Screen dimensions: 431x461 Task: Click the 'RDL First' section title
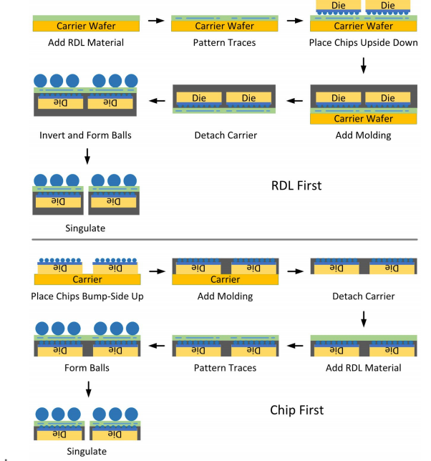point(296,185)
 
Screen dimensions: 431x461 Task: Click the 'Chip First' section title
point(296,410)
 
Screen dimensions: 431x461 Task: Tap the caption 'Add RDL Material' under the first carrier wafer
point(86,43)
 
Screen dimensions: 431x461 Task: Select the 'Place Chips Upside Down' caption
point(364,43)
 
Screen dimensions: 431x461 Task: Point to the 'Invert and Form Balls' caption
point(85,135)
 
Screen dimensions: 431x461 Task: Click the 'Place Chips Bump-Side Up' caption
point(87,296)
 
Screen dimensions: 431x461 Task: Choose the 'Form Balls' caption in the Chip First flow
point(87,368)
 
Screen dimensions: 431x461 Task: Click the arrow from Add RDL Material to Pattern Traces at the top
point(156,21)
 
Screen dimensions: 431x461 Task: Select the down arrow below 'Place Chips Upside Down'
point(364,65)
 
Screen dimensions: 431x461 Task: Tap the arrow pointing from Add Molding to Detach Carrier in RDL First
point(294,101)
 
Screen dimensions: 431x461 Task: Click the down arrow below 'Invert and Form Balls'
point(87,156)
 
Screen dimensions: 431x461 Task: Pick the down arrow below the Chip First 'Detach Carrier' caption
point(364,319)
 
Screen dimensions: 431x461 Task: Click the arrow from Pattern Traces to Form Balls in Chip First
point(157,346)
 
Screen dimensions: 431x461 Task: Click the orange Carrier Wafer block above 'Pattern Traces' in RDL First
point(225,26)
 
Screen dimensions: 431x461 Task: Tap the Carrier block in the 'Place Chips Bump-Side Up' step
point(87,279)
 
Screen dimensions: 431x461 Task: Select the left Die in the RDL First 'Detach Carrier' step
point(199,98)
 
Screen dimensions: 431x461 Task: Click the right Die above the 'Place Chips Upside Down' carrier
point(388,5)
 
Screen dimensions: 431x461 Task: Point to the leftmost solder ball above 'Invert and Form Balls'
point(40,81)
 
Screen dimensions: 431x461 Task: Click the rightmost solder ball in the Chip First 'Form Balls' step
point(132,329)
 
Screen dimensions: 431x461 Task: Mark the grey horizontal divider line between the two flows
point(225,240)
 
